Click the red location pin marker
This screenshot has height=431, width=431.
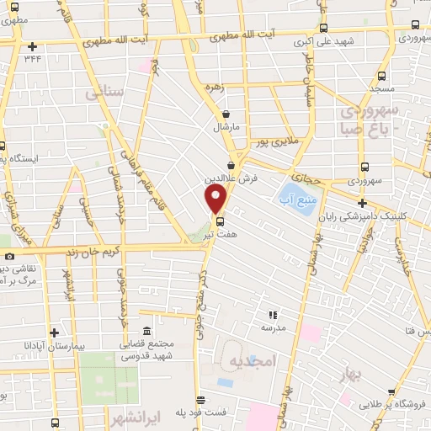tap(217, 199)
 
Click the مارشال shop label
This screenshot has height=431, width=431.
tap(226, 127)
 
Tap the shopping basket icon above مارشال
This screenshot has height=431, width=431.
tap(226, 114)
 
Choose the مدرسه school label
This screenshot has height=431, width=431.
tap(273, 326)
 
